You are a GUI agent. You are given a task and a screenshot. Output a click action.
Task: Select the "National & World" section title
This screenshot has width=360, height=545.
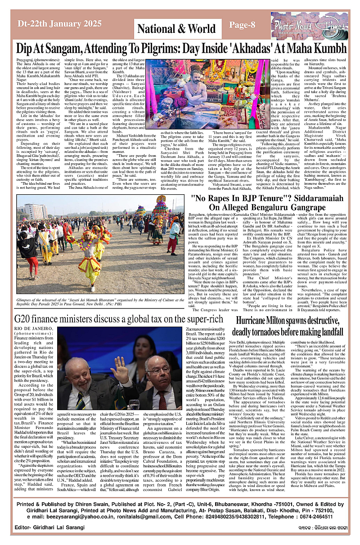tap(176, 29)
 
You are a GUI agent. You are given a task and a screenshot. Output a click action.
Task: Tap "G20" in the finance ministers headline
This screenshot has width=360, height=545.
tap(24, 319)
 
